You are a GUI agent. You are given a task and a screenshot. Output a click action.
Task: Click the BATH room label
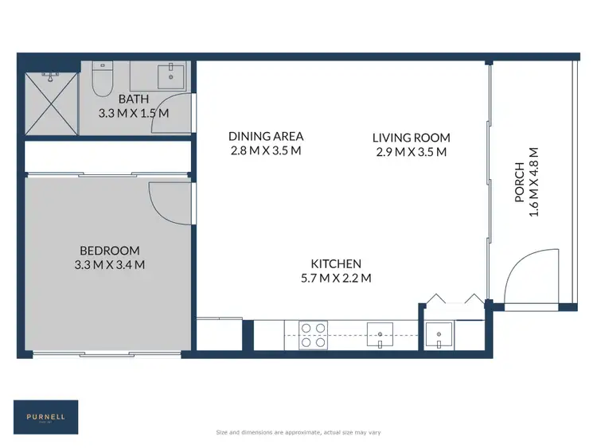point(134,99)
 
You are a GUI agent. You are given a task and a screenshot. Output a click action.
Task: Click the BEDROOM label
point(109,250)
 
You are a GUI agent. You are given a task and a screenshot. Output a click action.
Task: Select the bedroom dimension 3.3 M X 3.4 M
point(109,265)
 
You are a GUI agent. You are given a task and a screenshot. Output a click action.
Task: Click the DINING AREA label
point(265,136)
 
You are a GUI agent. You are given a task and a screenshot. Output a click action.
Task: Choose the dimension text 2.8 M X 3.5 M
point(265,150)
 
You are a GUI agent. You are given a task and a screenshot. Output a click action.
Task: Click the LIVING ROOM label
point(411,138)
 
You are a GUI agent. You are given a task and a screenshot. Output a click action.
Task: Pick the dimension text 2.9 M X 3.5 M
point(411,152)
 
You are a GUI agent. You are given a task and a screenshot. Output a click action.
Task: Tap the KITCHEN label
point(336,263)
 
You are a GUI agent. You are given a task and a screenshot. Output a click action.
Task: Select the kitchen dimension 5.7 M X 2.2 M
point(336,279)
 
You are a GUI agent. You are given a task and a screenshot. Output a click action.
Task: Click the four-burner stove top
point(312,335)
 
